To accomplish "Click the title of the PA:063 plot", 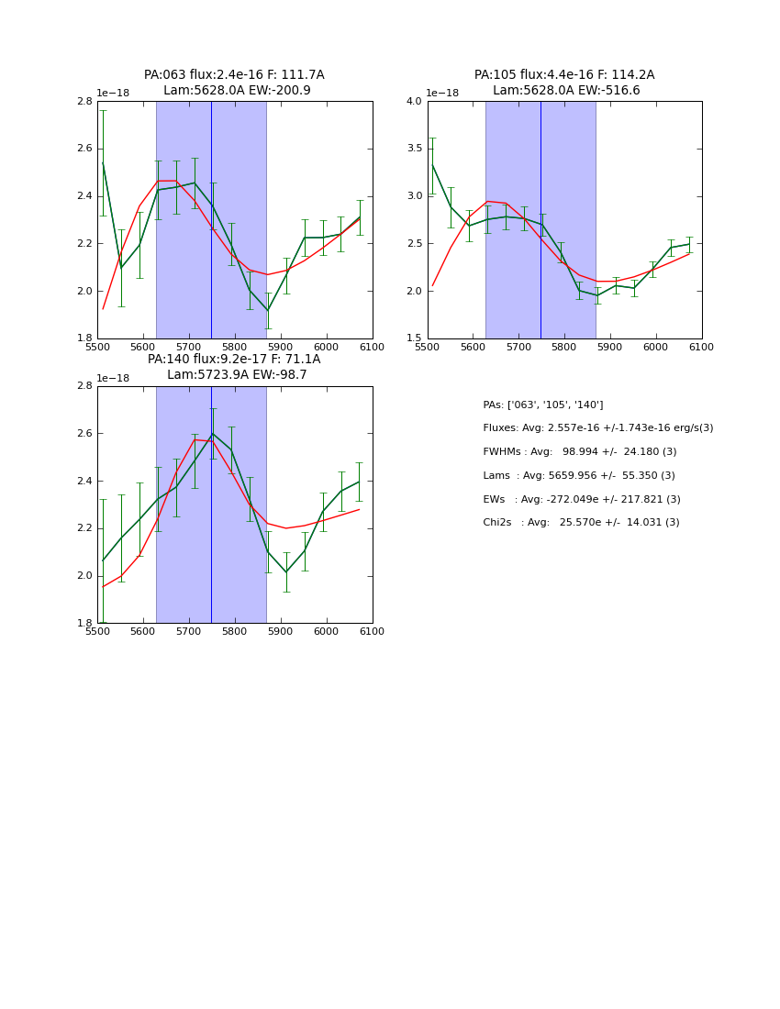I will pos(234,83).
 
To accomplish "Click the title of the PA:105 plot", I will pos(564,83).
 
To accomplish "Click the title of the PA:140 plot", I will pos(234,367).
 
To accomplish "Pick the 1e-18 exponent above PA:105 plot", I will pos(442,94).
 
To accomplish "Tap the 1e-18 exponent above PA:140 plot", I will pos(113,378).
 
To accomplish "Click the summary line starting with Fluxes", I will pos(597,428).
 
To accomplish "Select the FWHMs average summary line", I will pos(579,452).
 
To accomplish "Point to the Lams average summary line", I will pos(578,476).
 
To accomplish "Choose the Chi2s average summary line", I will pos(581,523).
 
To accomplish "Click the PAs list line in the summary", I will pos(542,405).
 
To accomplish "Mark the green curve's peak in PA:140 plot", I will pos(212,434).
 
